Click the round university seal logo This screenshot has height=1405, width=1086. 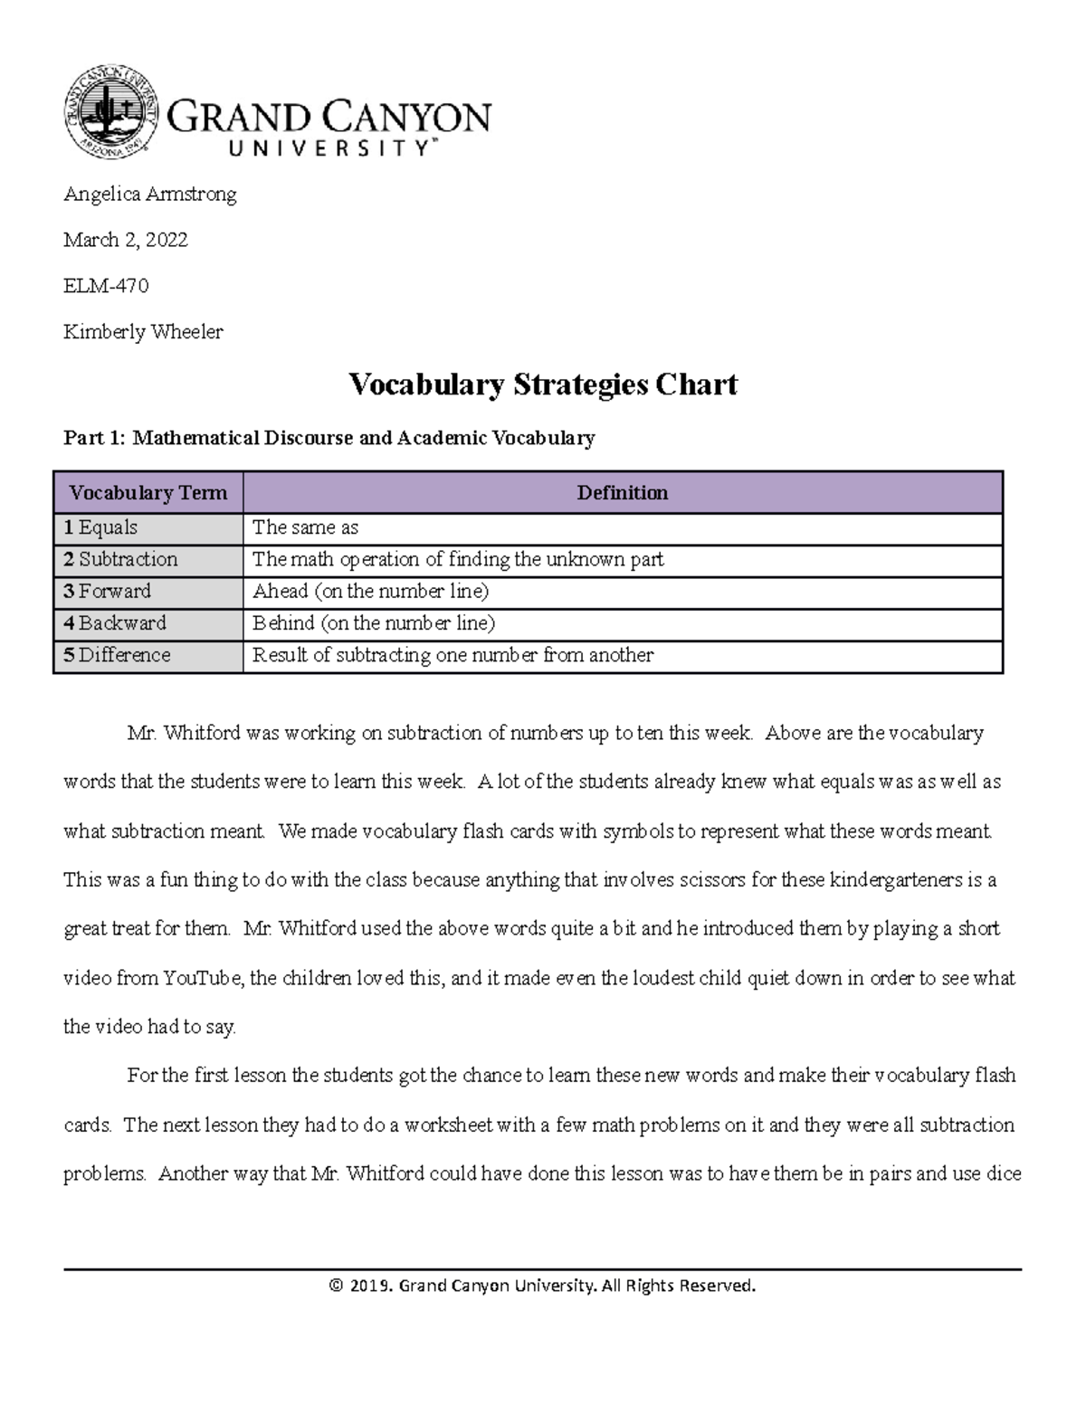pyautogui.click(x=111, y=112)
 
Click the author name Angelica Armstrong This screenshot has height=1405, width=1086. pyautogui.click(x=150, y=195)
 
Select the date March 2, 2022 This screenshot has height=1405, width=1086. pyautogui.click(x=126, y=240)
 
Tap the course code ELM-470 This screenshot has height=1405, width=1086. pyautogui.click(x=106, y=286)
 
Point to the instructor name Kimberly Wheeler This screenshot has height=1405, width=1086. pyautogui.click(x=143, y=332)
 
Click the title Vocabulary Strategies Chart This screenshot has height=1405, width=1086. pyautogui.click(x=543, y=384)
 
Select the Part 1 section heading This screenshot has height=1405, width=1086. pyautogui.click(x=329, y=439)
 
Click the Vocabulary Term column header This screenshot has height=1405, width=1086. pyautogui.click(x=148, y=493)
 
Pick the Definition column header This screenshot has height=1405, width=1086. pyautogui.click(x=623, y=493)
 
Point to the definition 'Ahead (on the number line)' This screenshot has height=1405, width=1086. pyautogui.click(x=371, y=591)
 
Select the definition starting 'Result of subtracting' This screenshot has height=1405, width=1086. pyautogui.click(x=452, y=655)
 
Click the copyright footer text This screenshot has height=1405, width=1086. pyautogui.click(x=542, y=1286)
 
